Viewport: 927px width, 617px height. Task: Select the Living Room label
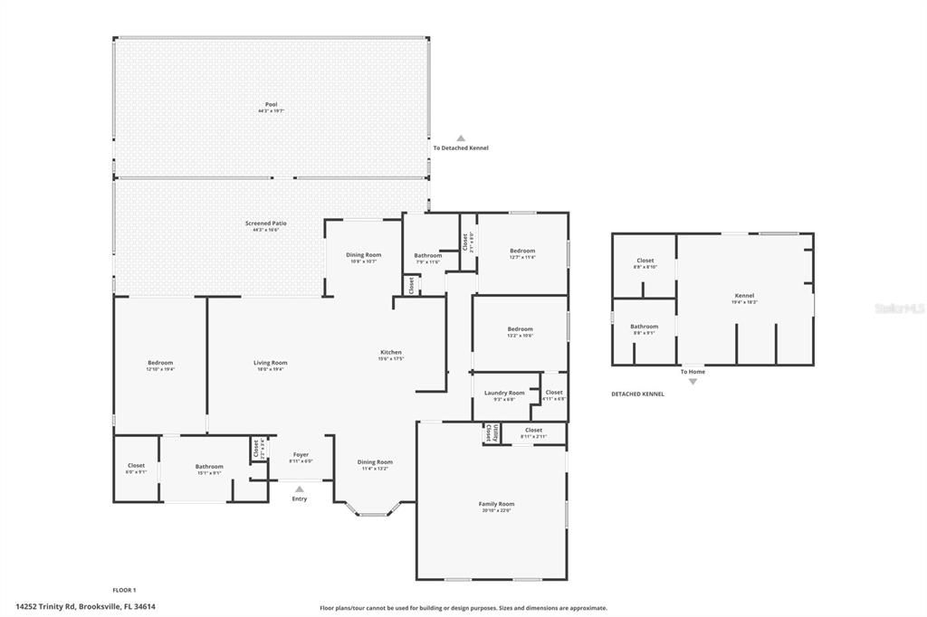click(270, 363)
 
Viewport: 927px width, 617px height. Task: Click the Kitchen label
click(390, 353)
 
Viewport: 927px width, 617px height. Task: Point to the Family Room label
click(496, 504)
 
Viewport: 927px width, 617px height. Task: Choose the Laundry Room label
click(504, 393)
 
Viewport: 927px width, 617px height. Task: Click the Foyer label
click(301, 454)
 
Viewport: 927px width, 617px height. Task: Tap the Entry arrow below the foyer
click(300, 489)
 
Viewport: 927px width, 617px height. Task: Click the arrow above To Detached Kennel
click(460, 138)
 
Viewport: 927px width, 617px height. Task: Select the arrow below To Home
click(693, 382)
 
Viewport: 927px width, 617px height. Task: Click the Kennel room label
click(744, 296)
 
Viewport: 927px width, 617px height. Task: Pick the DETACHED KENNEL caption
click(637, 394)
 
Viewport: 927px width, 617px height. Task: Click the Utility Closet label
click(490, 432)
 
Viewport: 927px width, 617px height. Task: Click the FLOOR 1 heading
click(124, 589)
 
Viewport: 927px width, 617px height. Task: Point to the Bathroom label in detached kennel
click(645, 327)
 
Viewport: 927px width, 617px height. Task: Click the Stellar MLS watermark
click(900, 308)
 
